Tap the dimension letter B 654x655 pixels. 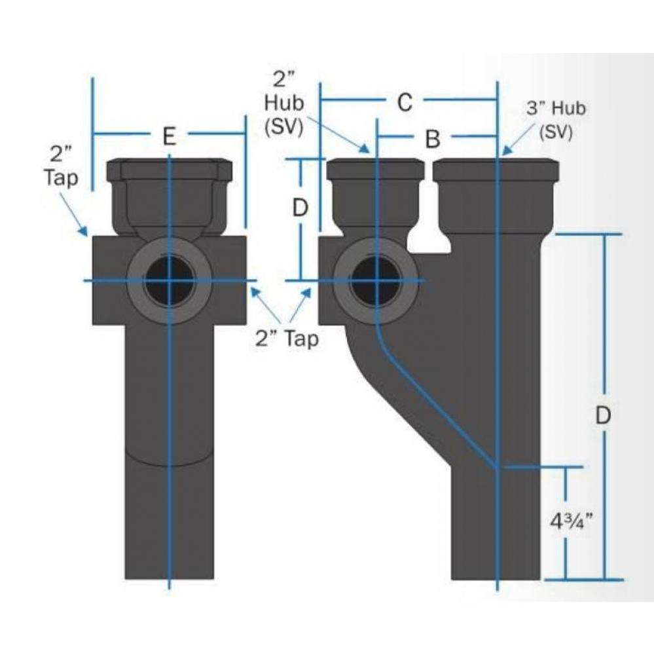(432, 139)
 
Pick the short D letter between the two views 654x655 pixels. (300, 208)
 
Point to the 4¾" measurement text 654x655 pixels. (568, 522)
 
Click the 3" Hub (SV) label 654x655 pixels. (556, 120)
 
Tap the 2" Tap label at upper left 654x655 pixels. (61, 167)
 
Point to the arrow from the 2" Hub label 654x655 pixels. (341, 134)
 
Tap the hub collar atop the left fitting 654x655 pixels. (170, 172)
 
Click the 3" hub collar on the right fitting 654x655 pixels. (496, 170)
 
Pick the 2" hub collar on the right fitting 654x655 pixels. (376, 170)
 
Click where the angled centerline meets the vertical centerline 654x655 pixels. (498, 467)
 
